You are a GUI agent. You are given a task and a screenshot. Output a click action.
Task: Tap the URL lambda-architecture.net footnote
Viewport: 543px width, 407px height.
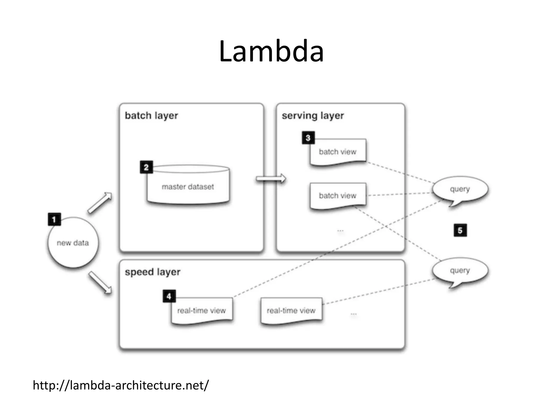coord(121,385)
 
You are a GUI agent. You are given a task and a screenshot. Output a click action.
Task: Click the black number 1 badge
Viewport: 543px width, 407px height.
coord(54,219)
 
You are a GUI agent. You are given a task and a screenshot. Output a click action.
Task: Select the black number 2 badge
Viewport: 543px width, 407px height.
coord(146,167)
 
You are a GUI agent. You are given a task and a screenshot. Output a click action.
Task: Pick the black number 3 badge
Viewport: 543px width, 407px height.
coord(308,138)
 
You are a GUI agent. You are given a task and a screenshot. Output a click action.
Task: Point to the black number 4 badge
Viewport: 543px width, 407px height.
coord(169,296)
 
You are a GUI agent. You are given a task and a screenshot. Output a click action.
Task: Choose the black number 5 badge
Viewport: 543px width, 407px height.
coord(460,230)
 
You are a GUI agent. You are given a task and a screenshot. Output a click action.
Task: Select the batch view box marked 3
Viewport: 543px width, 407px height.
coord(338,152)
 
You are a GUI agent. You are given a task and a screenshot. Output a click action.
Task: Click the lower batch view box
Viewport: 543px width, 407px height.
coord(338,196)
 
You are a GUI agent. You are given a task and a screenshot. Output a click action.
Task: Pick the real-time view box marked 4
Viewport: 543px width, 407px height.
coord(202,310)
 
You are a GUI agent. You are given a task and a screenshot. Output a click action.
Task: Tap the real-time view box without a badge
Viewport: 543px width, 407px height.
coord(291,310)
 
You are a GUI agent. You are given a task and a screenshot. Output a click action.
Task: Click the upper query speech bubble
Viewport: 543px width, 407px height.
coord(460,189)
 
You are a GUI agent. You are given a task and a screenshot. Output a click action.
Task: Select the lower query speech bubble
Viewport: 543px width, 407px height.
coord(460,271)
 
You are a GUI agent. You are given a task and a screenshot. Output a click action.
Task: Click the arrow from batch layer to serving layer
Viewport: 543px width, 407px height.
coord(271,179)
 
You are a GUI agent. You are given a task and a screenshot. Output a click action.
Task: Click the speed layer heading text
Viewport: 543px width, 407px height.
coord(152,272)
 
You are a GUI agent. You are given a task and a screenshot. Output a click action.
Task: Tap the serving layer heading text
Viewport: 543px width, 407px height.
coord(313,116)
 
